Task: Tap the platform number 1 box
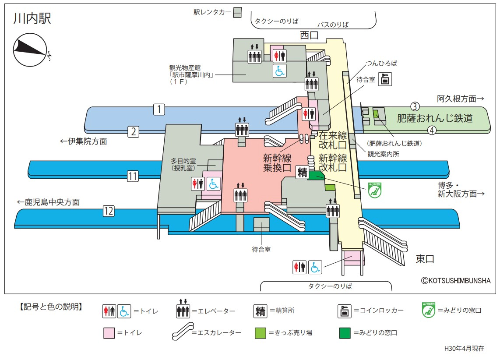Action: [159, 109]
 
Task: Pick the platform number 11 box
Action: [133, 176]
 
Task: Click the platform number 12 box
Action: [109, 211]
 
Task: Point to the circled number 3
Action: [415, 106]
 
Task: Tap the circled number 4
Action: [432, 130]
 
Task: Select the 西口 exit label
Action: [309, 35]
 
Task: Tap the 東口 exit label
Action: [425, 259]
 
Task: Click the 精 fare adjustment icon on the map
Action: [302, 172]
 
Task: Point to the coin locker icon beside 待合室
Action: [385, 80]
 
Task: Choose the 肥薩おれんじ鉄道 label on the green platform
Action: [434, 118]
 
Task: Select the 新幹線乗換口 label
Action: [277, 162]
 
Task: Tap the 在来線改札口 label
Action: [333, 140]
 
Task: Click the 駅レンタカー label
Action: [212, 12]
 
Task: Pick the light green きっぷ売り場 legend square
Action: [261, 333]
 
